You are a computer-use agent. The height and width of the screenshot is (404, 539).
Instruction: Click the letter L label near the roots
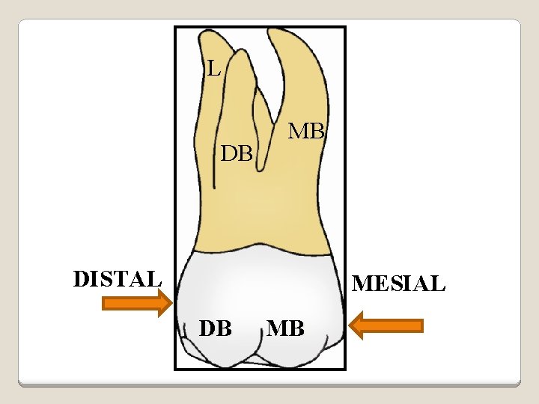click(214, 70)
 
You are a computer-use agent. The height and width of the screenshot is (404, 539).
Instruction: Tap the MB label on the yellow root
click(307, 132)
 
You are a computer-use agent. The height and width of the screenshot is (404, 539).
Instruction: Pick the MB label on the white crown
click(286, 328)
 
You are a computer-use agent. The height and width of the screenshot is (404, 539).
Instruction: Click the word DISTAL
click(118, 278)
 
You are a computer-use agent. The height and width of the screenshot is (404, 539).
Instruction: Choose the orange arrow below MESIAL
click(386, 325)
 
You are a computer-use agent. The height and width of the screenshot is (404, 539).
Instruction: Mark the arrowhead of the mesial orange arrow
click(359, 325)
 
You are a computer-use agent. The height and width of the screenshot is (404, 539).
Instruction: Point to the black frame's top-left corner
click(175, 28)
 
